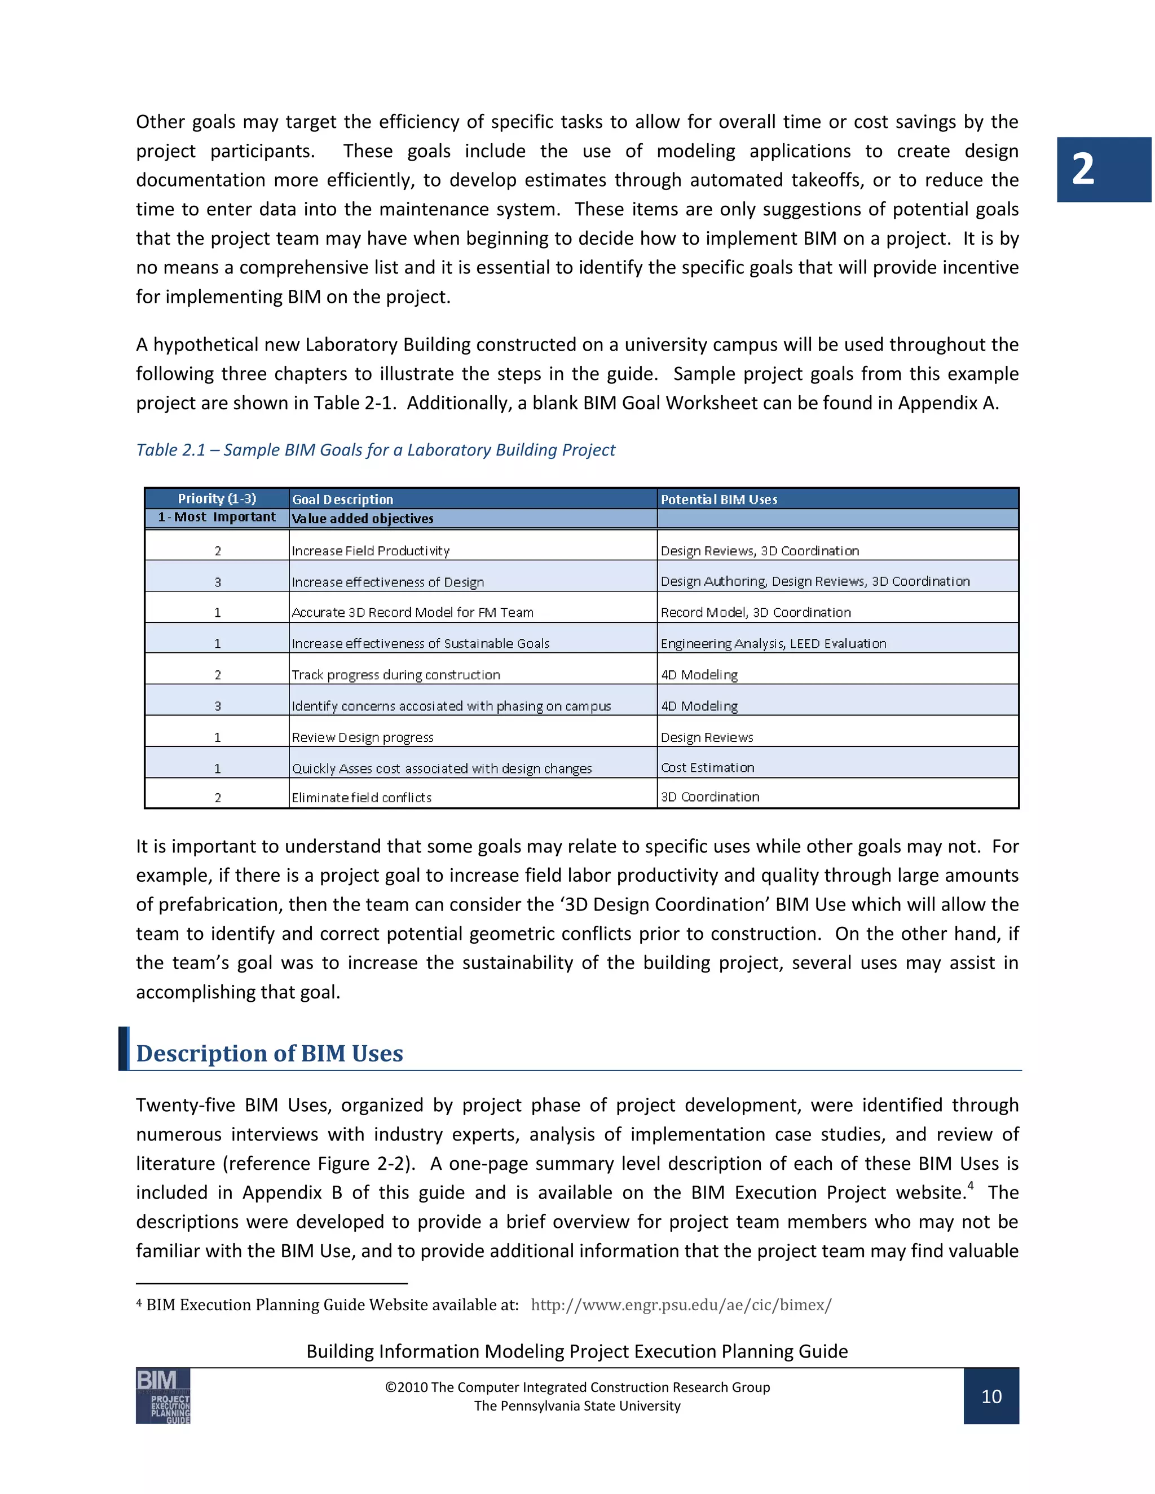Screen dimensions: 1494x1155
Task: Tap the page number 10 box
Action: pyautogui.click(x=990, y=1396)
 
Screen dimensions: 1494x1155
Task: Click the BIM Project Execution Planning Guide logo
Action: pyautogui.click(x=163, y=1395)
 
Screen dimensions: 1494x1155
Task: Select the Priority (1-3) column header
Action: pyautogui.click(x=217, y=499)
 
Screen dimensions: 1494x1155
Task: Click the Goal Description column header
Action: pyautogui.click(x=343, y=500)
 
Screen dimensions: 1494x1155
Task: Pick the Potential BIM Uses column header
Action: pyautogui.click(x=718, y=500)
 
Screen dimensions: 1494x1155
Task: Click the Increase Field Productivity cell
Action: pyautogui.click(x=370, y=551)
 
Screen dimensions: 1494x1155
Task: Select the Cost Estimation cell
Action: pyautogui.click(x=708, y=767)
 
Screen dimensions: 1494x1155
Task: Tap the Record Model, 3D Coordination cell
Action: pyautogui.click(x=755, y=612)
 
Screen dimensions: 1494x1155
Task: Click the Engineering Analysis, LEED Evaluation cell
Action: pyautogui.click(x=773, y=644)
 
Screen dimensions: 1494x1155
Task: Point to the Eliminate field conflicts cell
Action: pyautogui.click(x=362, y=798)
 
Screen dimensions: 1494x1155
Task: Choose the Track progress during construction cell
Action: pyautogui.click(x=395, y=674)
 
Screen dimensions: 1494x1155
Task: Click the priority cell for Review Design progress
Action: pyautogui.click(x=218, y=737)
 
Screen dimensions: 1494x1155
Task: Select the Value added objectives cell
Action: pyautogui.click(x=363, y=519)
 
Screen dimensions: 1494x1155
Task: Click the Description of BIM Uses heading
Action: pyautogui.click(x=270, y=1053)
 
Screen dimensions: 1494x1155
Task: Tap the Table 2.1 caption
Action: pyautogui.click(x=375, y=449)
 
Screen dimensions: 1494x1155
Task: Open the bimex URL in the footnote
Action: pyautogui.click(x=681, y=1305)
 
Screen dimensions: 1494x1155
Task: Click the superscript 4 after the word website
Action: pyautogui.click(x=970, y=1186)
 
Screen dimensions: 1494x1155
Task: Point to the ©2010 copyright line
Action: pyautogui.click(x=577, y=1387)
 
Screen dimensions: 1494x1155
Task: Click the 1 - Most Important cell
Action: pyautogui.click(x=217, y=517)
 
